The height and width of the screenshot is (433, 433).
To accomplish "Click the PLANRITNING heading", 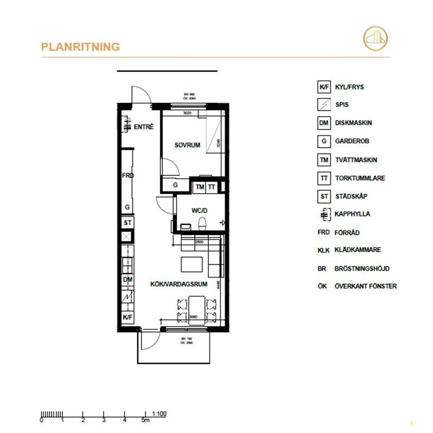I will click(x=80, y=47).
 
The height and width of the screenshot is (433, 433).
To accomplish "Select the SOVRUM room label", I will click(x=187, y=145).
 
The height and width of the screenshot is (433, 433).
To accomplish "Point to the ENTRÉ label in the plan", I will click(x=144, y=127).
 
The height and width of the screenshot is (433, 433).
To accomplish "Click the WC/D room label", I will click(x=200, y=210).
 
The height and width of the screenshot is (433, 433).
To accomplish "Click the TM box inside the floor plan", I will click(x=199, y=187).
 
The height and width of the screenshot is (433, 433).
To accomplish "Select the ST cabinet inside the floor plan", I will click(x=128, y=223).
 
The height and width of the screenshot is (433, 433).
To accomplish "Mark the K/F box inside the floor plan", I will click(x=128, y=317).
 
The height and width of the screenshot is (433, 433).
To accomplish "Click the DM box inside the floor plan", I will click(x=128, y=279).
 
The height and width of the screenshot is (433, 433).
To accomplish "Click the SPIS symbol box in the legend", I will click(x=323, y=105).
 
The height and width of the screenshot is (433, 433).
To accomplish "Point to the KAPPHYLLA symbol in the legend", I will click(x=323, y=214).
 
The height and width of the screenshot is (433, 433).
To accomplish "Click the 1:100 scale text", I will click(x=160, y=414).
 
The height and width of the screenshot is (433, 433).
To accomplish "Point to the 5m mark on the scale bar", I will click(x=145, y=421).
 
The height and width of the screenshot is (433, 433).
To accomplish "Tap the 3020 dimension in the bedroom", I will click(x=188, y=113).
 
